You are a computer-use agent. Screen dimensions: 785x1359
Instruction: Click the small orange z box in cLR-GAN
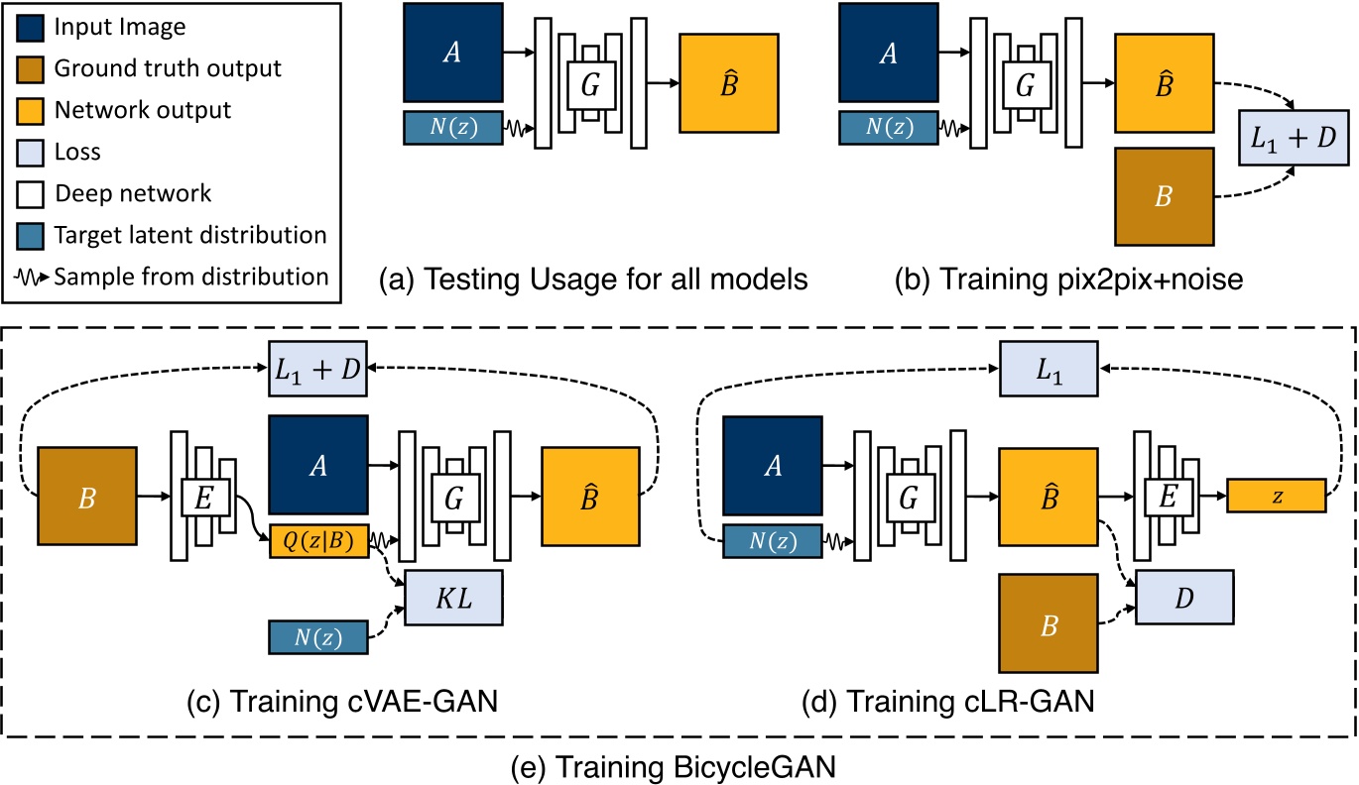[1276, 496]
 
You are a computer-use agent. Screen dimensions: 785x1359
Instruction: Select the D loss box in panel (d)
[1184, 598]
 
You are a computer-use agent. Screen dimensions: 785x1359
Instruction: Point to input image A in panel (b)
[888, 52]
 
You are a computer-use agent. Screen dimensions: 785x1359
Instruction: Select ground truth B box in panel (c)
[86, 496]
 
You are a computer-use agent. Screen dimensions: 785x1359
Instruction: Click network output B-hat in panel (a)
[728, 80]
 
